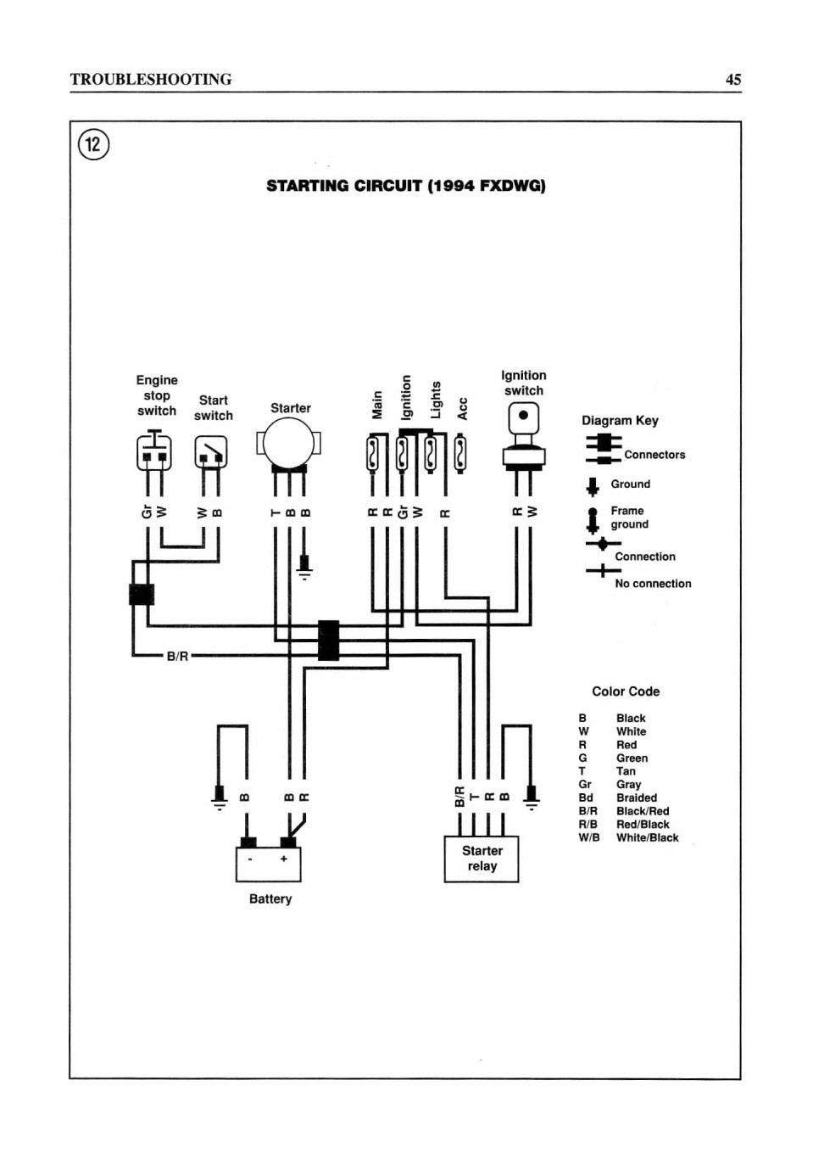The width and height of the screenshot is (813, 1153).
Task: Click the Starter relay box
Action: [482, 859]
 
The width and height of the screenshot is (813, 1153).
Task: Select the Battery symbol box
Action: [269, 864]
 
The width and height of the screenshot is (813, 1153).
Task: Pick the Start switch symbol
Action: [211, 452]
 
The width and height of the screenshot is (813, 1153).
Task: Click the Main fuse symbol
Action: [372, 453]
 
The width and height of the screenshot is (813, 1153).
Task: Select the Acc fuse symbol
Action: [460, 453]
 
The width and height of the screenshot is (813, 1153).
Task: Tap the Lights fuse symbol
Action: [431, 453]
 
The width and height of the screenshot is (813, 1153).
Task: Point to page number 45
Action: [733, 79]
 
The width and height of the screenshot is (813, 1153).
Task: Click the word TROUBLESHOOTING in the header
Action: [151, 79]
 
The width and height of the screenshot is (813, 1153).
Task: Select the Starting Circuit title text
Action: [406, 185]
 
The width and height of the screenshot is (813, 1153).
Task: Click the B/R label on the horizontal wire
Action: [177, 657]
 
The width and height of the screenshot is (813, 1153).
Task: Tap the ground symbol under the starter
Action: [305, 568]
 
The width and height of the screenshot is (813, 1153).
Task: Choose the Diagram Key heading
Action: [620, 421]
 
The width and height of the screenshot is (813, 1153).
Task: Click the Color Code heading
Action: [626, 691]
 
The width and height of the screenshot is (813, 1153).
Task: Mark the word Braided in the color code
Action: [637, 798]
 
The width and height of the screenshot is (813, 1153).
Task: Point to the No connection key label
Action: [653, 584]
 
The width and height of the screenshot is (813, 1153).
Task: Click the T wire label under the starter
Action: [276, 512]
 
